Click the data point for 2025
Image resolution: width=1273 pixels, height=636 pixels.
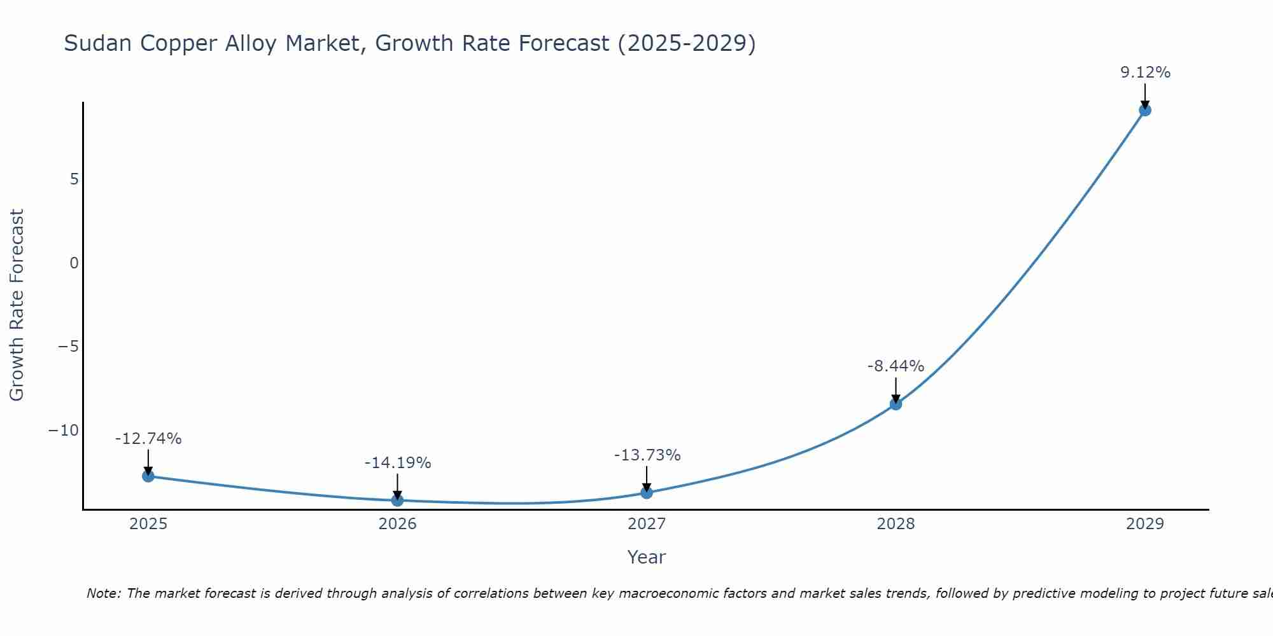[x=148, y=476]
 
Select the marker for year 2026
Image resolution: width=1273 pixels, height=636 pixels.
[x=397, y=500]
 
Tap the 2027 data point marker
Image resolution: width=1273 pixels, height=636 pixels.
[x=647, y=492]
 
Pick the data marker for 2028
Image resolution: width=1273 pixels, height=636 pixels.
[x=896, y=404]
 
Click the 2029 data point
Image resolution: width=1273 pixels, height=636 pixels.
[x=1144, y=110]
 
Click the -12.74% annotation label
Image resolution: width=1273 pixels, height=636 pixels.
[x=148, y=439]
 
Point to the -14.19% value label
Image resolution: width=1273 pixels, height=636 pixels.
[x=397, y=463]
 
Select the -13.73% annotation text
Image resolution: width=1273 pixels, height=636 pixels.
[x=647, y=455]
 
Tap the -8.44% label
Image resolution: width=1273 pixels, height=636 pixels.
[x=896, y=366]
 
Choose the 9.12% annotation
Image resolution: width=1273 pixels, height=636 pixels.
[x=1144, y=73]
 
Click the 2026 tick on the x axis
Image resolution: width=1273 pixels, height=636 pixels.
[x=397, y=524]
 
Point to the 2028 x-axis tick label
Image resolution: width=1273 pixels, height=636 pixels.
[x=896, y=524]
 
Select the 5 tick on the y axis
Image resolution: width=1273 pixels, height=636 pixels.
[x=74, y=179]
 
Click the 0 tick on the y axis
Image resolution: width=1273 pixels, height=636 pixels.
[x=74, y=263]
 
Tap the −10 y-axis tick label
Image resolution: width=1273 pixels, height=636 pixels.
[x=64, y=431]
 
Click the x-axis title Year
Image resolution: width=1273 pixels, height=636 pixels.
[x=646, y=557]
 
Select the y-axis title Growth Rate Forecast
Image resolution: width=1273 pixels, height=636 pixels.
[x=17, y=305]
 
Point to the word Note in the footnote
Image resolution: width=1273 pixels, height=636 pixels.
[x=102, y=593]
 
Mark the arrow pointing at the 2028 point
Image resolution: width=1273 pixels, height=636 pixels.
[x=896, y=389]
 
